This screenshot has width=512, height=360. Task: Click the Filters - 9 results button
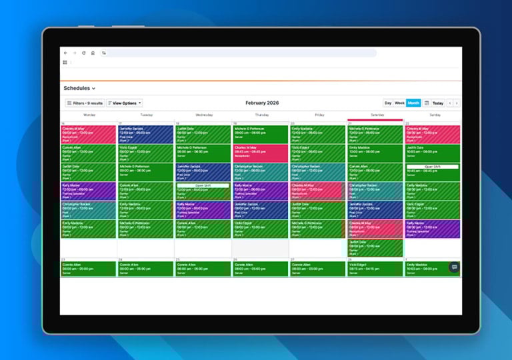coord(85,103)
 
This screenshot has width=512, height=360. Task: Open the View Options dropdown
coord(125,103)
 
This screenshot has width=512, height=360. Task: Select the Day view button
coord(388,103)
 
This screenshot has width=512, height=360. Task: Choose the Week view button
coord(399,103)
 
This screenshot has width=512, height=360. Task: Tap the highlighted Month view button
coord(413,103)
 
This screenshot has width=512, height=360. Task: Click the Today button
coord(437,103)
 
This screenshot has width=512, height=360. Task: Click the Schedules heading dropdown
coord(79,88)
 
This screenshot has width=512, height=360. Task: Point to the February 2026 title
coord(262,103)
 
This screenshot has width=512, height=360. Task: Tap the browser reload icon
coord(83,53)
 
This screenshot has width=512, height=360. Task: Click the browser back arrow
coord(65,53)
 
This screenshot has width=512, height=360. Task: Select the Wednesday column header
coord(204,115)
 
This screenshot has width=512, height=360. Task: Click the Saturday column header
coord(375,115)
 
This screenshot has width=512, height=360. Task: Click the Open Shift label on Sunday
coord(433,166)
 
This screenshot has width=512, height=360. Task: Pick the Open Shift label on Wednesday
coord(203,185)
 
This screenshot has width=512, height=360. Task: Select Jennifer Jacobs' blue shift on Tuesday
coord(145,134)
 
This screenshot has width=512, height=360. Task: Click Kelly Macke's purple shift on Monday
coord(89,191)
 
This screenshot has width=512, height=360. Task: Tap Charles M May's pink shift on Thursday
coord(260,153)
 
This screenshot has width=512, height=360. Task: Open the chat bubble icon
coord(454,267)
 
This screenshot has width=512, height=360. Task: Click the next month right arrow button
coord(457,103)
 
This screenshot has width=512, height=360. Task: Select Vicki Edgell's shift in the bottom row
coord(375,268)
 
